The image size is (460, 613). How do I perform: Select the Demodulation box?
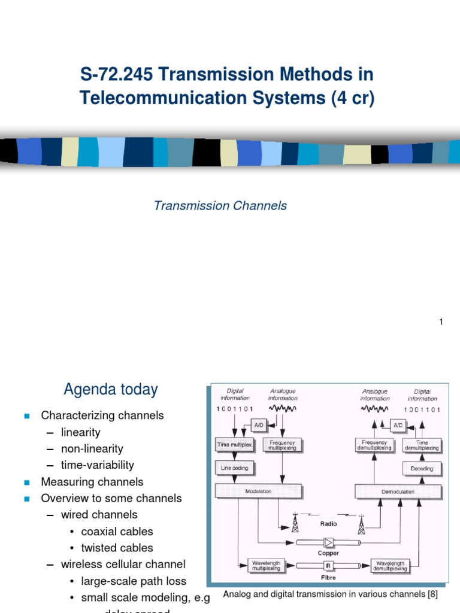(x=398, y=492)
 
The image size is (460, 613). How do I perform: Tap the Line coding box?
(x=235, y=468)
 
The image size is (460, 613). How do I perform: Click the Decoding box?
(x=422, y=468)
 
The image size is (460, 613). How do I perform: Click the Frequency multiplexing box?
(x=282, y=445)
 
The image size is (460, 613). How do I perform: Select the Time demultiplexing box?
(x=422, y=445)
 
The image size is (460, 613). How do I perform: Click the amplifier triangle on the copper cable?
(x=328, y=542)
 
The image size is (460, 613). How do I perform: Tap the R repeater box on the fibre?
(x=328, y=565)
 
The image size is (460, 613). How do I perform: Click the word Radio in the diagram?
(x=328, y=524)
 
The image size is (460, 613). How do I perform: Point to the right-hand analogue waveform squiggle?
(x=374, y=409)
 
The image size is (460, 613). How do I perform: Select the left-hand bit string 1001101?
(x=235, y=409)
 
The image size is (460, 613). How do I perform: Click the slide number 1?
(x=441, y=322)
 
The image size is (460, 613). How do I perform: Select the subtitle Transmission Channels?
(x=220, y=206)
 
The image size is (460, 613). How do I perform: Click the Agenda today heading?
(x=111, y=390)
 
